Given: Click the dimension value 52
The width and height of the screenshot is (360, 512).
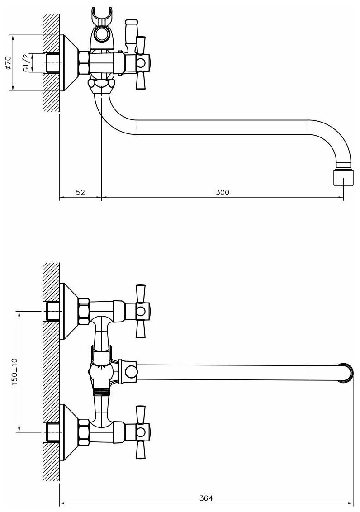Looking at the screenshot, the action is [x=80, y=192].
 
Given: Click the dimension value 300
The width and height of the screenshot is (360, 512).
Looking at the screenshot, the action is [x=222, y=192].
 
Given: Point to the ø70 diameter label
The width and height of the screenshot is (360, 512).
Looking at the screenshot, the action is [x=7, y=63].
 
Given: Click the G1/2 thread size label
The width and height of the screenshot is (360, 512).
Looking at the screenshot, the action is [x=26, y=62].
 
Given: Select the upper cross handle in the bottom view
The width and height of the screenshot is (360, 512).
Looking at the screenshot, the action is [x=140, y=311].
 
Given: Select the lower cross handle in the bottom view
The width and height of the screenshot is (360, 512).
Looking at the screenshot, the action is [x=140, y=430].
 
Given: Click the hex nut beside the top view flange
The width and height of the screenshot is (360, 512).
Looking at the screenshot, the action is [x=84, y=63].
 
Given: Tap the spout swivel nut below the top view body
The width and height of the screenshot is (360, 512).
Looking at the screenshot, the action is [x=101, y=84].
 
